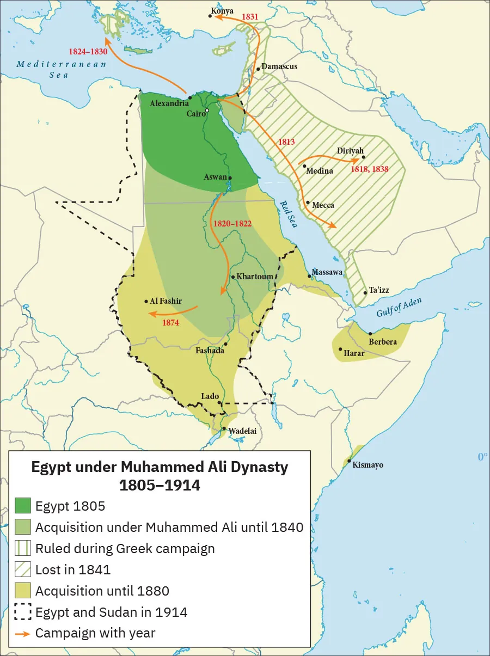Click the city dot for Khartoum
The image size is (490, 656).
click(x=233, y=277)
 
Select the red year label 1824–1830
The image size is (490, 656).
click(x=88, y=52)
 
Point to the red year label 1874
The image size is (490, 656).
click(x=171, y=323)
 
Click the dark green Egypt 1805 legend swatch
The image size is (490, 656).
click(x=22, y=506)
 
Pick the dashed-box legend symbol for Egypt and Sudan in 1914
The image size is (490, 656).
click(x=22, y=612)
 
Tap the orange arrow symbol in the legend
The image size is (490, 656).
click(x=22, y=633)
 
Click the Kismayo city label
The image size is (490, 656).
click(x=368, y=465)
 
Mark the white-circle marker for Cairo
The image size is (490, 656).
click(x=207, y=111)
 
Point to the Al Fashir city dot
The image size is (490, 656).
click(x=146, y=301)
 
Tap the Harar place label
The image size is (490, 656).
click(x=354, y=353)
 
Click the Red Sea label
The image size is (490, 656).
click(x=289, y=213)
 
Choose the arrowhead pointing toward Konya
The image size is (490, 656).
click(x=216, y=17)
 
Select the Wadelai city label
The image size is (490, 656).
click(x=242, y=431)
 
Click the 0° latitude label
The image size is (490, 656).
click(x=482, y=457)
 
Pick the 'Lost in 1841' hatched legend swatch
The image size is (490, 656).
click(x=22, y=569)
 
